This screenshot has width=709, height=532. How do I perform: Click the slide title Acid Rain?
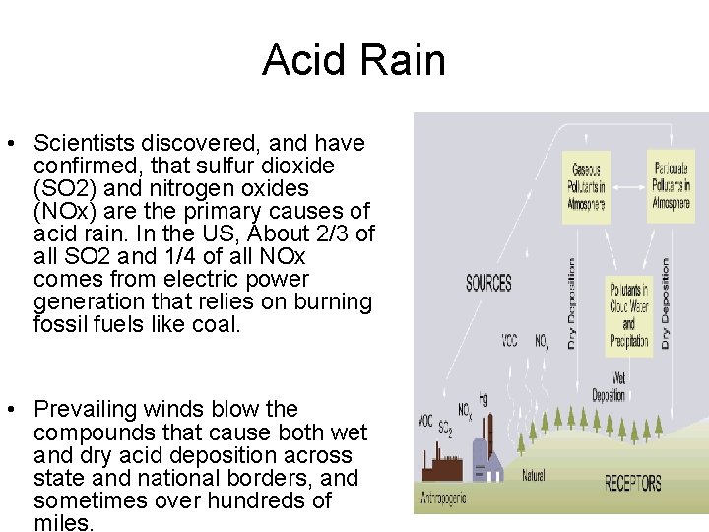(x=354, y=60)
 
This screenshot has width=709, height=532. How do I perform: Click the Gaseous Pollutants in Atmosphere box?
(x=586, y=184)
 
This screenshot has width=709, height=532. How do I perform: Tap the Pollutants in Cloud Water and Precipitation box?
(x=629, y=315)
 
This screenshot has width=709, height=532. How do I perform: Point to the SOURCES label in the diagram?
(x=488, y=284)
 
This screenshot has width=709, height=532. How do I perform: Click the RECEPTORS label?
(x=633, y=483)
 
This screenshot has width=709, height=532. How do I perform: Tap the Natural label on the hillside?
(x=534, y=476)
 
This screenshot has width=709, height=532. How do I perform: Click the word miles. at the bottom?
(x=64, y=523)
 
